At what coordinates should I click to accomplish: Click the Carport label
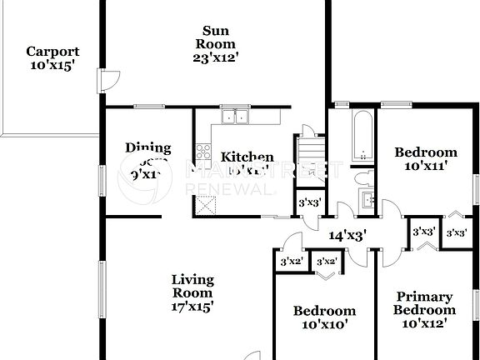pos(52,51)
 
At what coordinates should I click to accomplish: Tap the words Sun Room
pos(215,37)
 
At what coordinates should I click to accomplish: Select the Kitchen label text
pos(247,157)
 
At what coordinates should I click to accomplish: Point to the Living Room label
pos(192,286)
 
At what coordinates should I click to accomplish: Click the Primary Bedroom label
pos(424,302)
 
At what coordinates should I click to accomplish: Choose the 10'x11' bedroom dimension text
pos(425,166)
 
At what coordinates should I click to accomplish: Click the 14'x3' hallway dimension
pos(347,235)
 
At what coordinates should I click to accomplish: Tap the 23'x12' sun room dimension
pos(215,57)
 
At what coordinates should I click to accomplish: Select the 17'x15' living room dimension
pos(192,306)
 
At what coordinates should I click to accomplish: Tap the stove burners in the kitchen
pos(202,152)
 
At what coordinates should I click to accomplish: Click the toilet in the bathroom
pos(362,177)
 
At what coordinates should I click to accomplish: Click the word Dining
pos(147,147)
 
